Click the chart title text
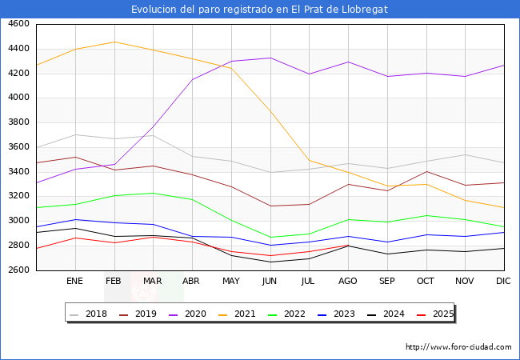260,10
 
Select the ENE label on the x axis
74,281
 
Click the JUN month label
270,281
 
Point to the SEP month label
387,281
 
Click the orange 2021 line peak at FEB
114,42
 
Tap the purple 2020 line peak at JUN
270,58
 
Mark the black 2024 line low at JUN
270,262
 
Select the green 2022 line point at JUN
270,238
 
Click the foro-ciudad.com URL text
458,347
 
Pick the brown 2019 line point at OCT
426,171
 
